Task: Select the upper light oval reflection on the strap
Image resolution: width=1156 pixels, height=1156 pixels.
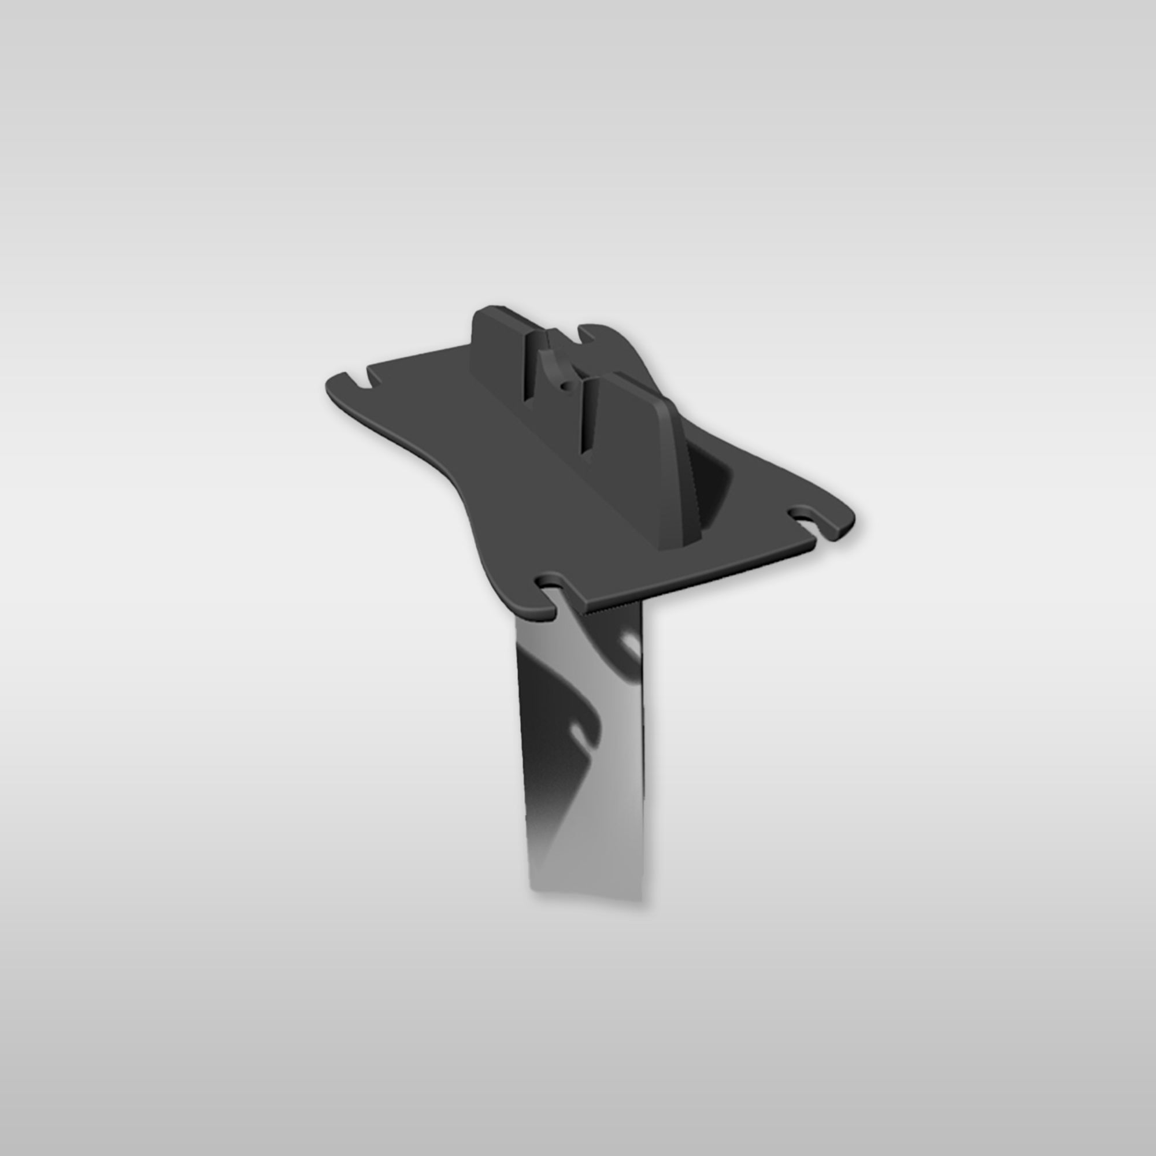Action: tap(629, 644)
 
